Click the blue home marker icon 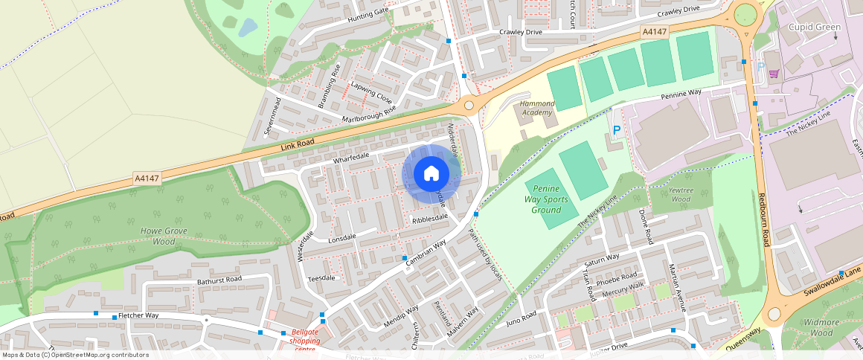pyautogui.click(x=431, y=174)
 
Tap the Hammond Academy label pyautogui.click(x=537, y=108)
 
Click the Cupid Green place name pyautogui.click(x=814, y=28)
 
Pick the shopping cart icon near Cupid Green pyautogui.click(x=774, y=74)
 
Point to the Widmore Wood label pyautogui.click(x=821, y=327)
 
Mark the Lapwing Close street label pyautogui.click(x=371, y=93)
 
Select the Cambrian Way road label pyautogui.click(x=425, y=254)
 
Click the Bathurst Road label pyautogui.click(x=219, y=280)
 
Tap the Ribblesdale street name pyautogui.click(x=429, y=217)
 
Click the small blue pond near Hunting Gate pyautogui.click(x=248, y=28)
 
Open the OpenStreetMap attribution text pyautogui.click(x=75, y=355)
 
